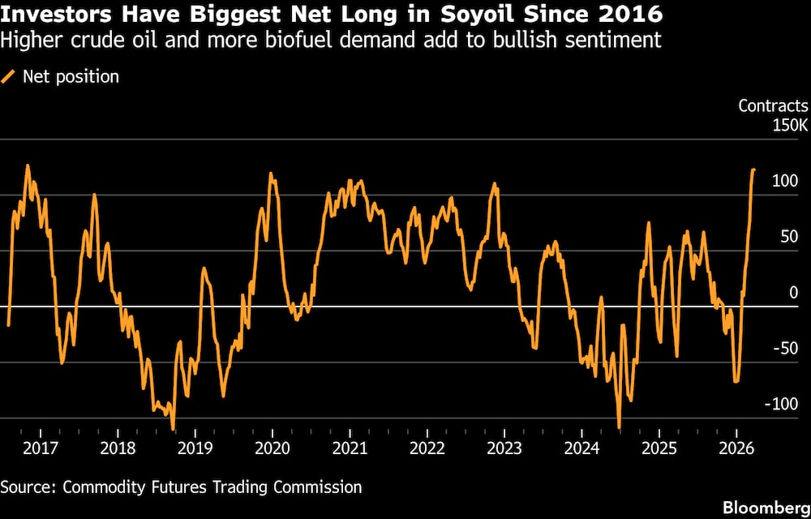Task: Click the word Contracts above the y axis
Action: pyautogui.click(x=773, y=106)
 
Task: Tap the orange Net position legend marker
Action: pyautogui.click(x=9, y=77)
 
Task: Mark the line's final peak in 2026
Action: pyautogui.click(x=753, y=169)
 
